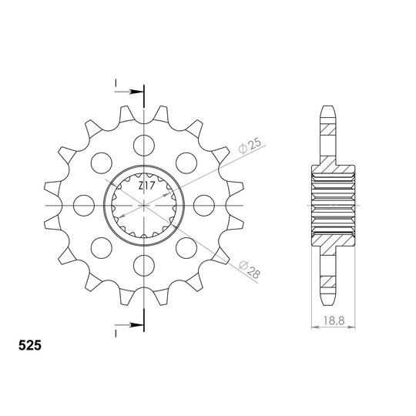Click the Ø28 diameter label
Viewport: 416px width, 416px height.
point(250,270)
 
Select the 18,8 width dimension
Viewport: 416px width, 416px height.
point(334,320)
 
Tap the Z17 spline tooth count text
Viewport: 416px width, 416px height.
point(146,186)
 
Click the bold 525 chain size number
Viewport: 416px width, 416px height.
point(30,345)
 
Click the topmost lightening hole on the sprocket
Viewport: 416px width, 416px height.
point(144,146)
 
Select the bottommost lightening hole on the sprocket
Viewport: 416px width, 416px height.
point(144,266)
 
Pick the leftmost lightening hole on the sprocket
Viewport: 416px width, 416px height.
point(84,206)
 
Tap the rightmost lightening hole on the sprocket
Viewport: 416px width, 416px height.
point(204,206)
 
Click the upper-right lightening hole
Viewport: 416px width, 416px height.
point(186,163)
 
